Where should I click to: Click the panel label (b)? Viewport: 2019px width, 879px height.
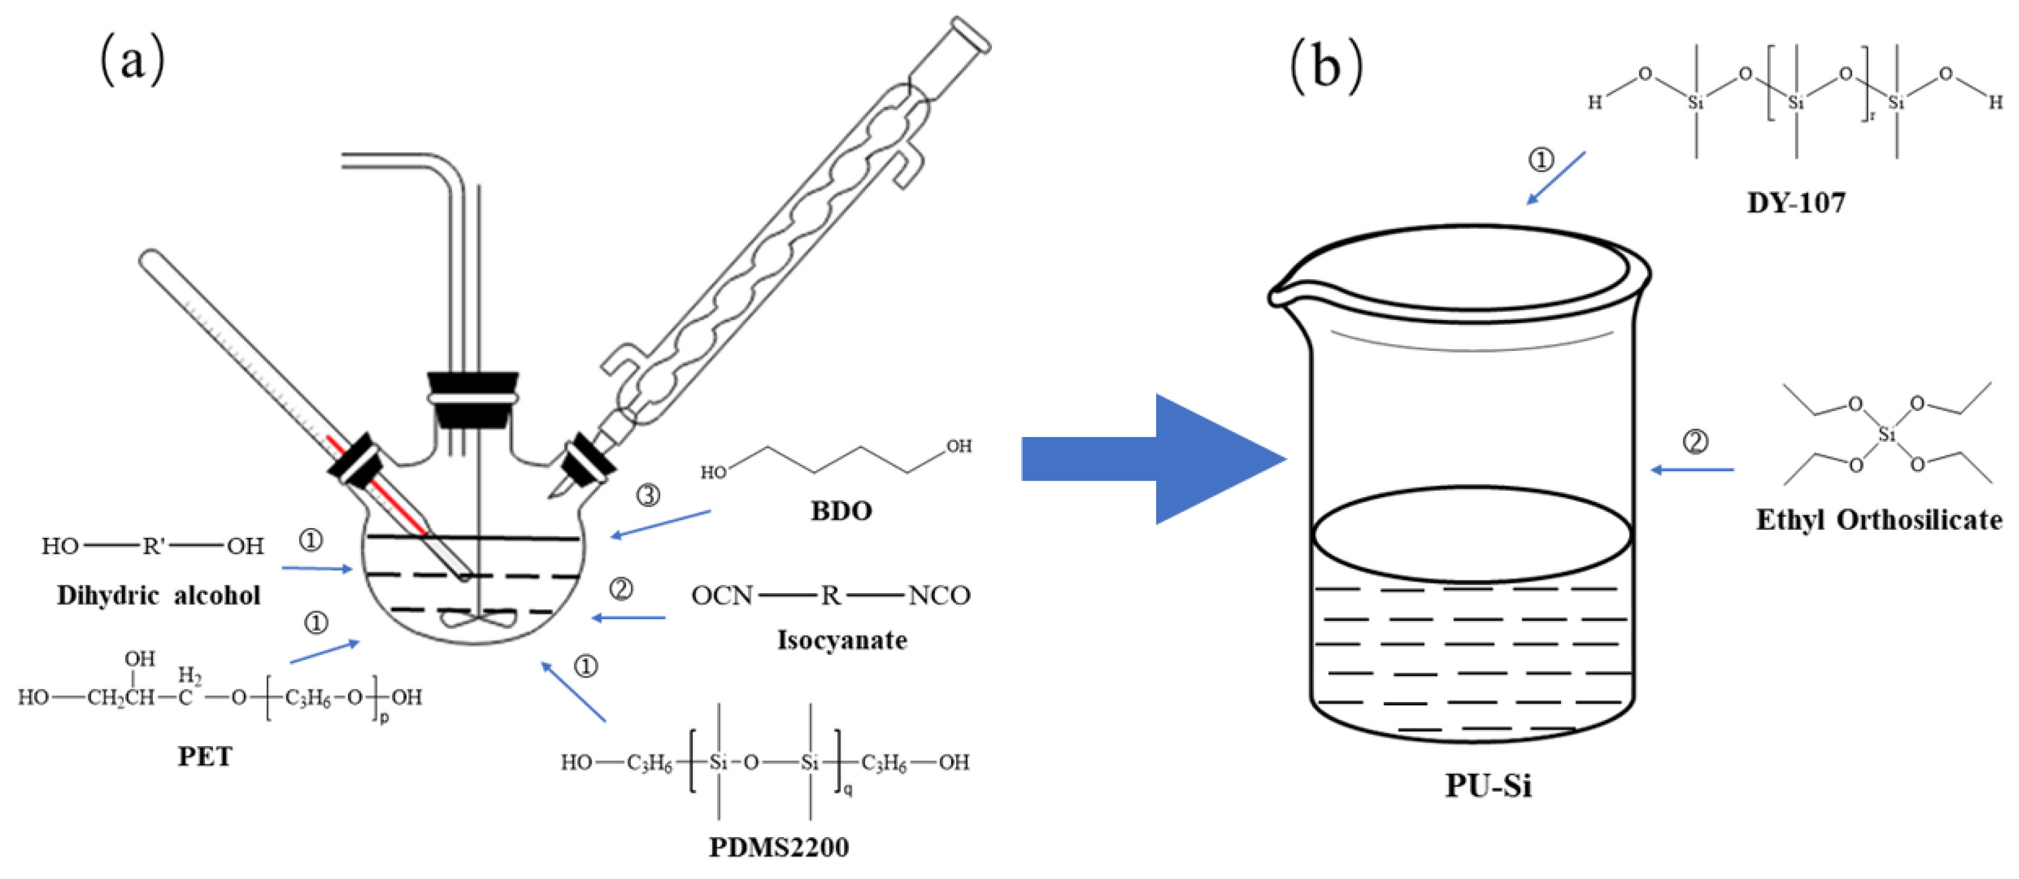[1326, 66]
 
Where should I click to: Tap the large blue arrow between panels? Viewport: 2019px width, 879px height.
[1152, 459]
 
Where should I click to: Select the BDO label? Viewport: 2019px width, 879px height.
[841, 511]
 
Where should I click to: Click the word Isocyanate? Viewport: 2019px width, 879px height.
[842, 640]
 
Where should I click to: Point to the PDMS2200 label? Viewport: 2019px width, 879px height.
[778, 847]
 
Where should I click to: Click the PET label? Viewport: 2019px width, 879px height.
[204, 756]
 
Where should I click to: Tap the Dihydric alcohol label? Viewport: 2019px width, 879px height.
[158, 595]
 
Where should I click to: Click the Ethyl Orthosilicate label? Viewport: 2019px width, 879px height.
[1879, 520]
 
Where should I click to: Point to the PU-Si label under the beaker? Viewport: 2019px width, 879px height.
[1488, 785]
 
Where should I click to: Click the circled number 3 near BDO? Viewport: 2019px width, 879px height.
[647, 495]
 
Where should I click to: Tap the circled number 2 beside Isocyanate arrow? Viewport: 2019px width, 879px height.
[621, 588]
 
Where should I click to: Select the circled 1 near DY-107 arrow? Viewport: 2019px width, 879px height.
[1541, 160]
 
